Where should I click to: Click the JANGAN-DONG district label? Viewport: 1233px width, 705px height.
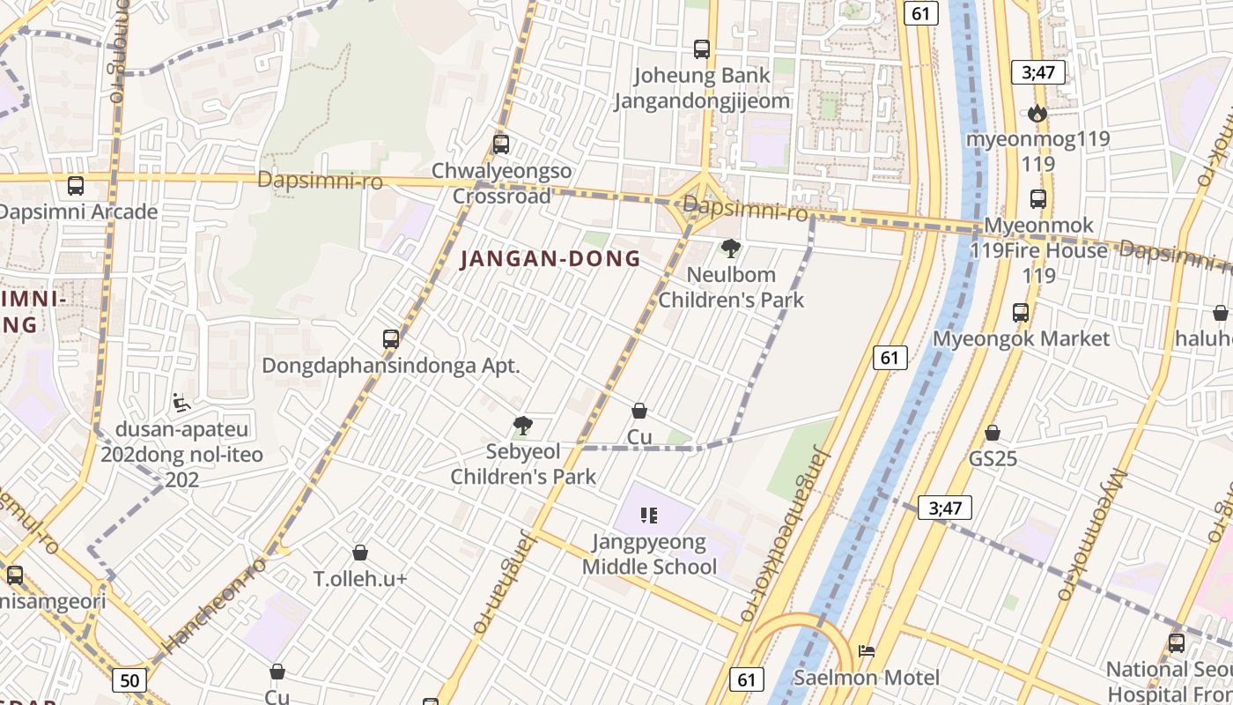550,259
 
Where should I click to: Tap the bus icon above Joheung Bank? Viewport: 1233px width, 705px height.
702,49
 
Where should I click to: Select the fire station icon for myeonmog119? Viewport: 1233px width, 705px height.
1037,113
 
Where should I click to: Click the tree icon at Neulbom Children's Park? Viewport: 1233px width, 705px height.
730,249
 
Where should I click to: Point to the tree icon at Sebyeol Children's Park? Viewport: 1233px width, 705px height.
522,427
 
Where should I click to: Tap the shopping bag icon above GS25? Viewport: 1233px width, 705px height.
993,433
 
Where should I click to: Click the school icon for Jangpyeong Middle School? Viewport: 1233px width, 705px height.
649,516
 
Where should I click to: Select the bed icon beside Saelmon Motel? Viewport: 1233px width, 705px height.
867,651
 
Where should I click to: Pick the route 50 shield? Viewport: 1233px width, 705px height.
129,680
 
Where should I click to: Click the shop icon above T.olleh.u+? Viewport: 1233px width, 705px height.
359,553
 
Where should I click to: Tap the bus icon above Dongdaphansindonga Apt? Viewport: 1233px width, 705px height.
391,339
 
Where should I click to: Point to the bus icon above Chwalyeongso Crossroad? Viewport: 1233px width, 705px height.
501,145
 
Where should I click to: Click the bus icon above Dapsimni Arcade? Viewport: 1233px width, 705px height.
76,186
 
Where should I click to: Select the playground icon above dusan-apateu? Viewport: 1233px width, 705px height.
181,403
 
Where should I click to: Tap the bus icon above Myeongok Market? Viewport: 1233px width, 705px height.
1021,313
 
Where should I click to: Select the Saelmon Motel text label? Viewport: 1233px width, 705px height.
867,678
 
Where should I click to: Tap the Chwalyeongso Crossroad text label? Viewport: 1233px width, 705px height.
501,183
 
